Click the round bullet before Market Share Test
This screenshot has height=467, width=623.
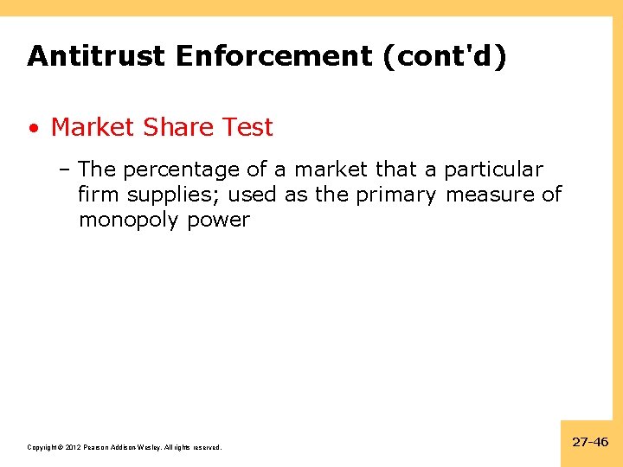point(33,129)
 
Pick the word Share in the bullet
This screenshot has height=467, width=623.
point(178,127)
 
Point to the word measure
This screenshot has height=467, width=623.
point(491,195)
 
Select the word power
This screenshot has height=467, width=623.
point(219,221)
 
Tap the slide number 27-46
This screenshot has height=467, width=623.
point(590,442)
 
